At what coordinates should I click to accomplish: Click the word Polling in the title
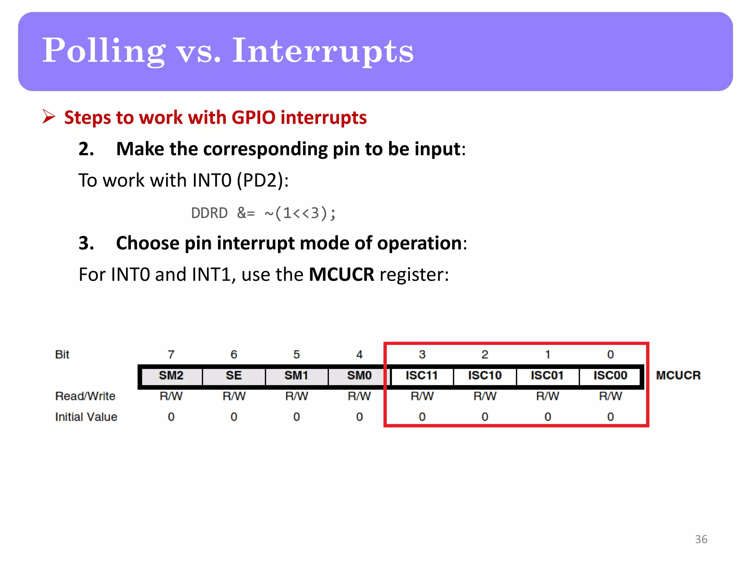104,51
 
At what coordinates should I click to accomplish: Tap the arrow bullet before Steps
49,117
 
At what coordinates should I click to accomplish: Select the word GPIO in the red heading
253,118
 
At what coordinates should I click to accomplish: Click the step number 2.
86,149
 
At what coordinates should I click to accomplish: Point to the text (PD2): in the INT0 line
263,180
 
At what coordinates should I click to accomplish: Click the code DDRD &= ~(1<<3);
263,213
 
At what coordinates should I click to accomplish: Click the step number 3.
86,243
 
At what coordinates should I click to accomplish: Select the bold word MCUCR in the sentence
341,274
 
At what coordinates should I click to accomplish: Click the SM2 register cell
171,376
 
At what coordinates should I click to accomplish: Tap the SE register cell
234,376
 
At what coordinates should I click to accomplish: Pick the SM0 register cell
359,376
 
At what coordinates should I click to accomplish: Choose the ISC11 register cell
422,376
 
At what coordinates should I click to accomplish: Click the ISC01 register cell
547,376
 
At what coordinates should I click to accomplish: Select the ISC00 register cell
610,376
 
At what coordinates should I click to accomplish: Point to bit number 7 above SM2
171,355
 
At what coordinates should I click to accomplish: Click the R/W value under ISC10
485,396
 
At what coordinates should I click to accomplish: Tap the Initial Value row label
86,417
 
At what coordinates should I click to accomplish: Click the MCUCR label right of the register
678,376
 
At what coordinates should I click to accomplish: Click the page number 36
701,539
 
